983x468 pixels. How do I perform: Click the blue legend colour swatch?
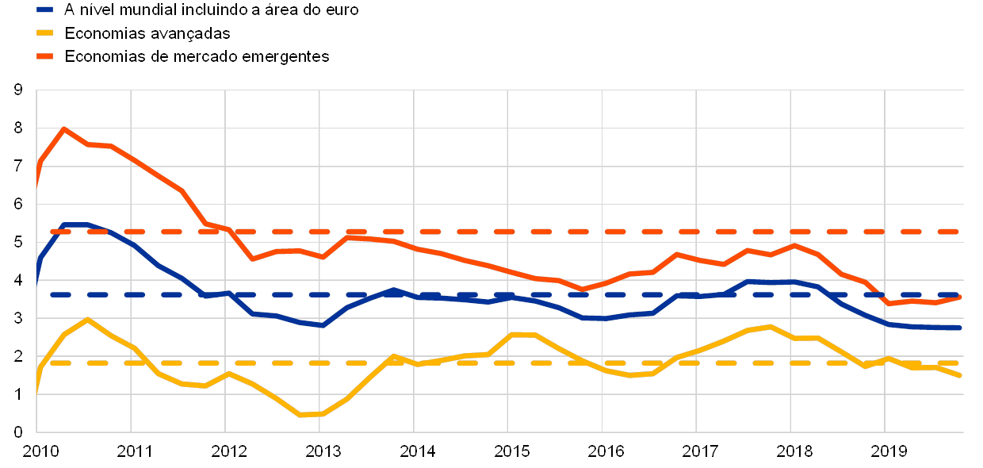[x=45, y=10]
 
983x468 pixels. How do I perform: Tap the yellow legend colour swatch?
[x=45, y=33]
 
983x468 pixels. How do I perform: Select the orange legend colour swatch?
[x=45, y=56]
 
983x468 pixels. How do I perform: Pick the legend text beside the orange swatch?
[x=202, y=56]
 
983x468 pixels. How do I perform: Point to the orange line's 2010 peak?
[x=63, y=129]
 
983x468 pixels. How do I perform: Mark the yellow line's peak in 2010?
[x=86, y=319]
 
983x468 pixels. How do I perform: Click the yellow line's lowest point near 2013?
[x=300, y=415]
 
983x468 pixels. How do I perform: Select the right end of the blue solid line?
[x=960, y=328]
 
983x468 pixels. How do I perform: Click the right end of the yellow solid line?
[x=960, y=375]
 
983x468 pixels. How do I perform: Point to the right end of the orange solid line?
[x=960, y=297]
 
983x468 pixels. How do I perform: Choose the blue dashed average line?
[x=555, y=294]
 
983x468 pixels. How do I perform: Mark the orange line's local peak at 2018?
[x=794, y=245]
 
